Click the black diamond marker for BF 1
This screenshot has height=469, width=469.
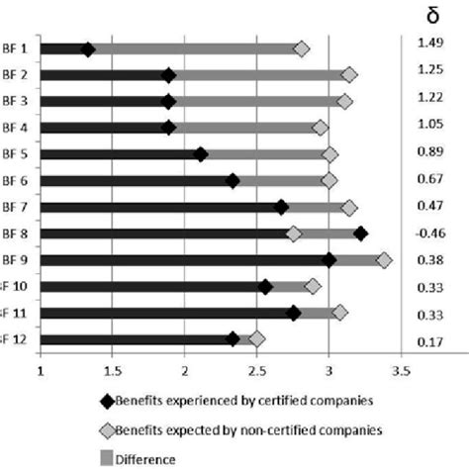pos(88,49)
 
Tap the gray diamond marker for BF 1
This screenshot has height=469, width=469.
pos(302,49)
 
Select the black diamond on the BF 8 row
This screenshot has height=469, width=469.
pos(360,234)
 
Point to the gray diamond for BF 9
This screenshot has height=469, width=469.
pos(384,259)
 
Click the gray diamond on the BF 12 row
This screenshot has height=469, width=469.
pos(257,338)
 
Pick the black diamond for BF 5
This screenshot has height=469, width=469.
pos(201,154)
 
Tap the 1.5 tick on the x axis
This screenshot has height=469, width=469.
pos(113,373)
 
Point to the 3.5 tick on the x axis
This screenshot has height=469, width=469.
pos(401,373)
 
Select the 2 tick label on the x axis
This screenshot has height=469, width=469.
pos(185,373)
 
